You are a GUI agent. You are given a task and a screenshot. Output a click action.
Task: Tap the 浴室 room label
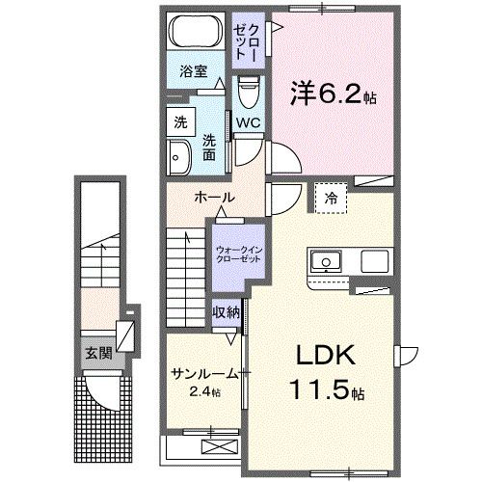pyautogui.click(x=194, y=70)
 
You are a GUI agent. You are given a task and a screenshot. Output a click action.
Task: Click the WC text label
pyautogui.click(x=248, y=123)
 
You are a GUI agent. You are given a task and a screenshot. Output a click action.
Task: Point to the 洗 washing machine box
pyautogui.click(x=179, y=121)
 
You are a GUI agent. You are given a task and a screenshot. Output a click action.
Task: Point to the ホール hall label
pyautogui.click(x=215, y=198)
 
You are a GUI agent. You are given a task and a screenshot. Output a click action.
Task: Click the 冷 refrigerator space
pyautogui.click(x=332, y=198)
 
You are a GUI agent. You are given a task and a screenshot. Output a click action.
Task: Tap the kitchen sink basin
pyautogui.click(x=325, y=260)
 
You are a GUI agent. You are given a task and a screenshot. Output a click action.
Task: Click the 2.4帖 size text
pyautogui.click(x=205, y=392)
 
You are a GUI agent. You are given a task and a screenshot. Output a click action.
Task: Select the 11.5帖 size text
pyautogui.click(x=325, y=392)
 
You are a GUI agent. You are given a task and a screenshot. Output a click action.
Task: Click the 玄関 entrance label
pyautogui.click(x=97, y=353)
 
